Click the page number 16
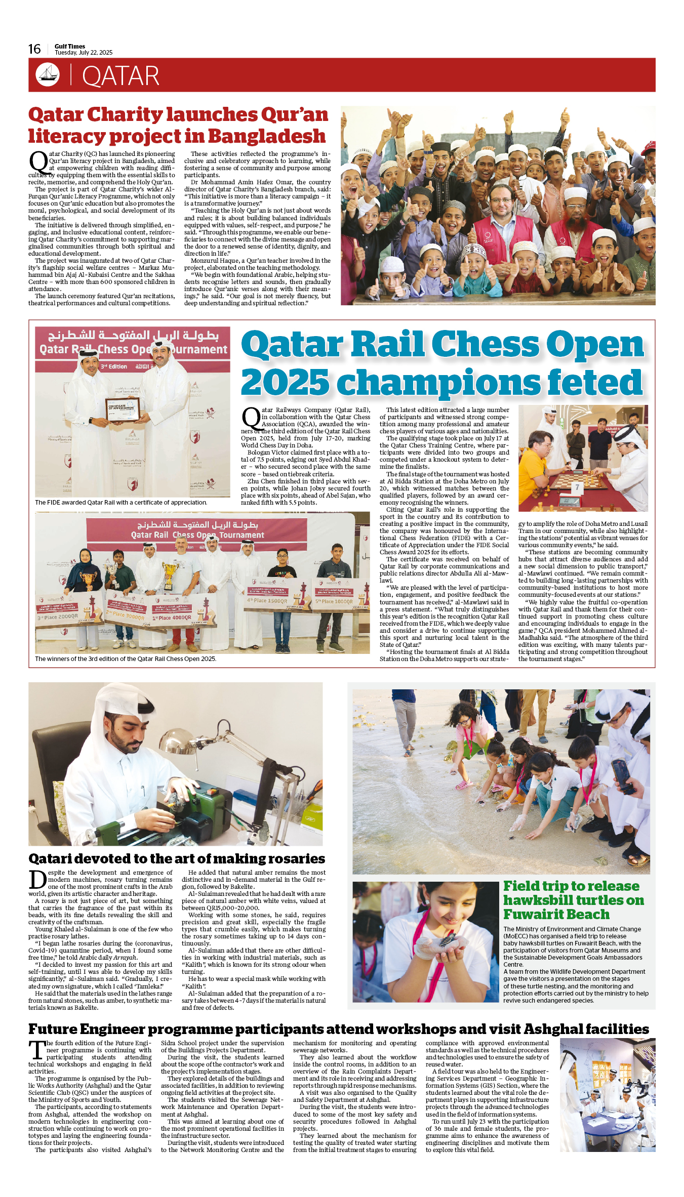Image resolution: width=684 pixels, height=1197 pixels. [x=34, y=49]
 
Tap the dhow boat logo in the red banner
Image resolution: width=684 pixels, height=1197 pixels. [x=48, y=75]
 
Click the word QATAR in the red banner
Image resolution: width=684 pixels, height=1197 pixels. [x=120, y=76]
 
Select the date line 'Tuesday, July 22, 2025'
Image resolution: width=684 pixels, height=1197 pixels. [x=84, y=53]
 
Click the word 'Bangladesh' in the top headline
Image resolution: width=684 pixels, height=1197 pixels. [x=266, y=136]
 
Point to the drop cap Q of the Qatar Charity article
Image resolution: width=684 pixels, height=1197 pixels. [x=38, y=162]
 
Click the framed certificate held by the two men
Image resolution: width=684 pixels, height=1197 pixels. [x=123, y=409]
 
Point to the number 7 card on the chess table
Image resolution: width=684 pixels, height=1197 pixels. [x=577, y=487]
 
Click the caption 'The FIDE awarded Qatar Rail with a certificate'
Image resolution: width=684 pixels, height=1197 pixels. [x=121, y=503]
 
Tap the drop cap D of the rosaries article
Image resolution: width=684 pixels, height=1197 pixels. [x=37, y=879]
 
